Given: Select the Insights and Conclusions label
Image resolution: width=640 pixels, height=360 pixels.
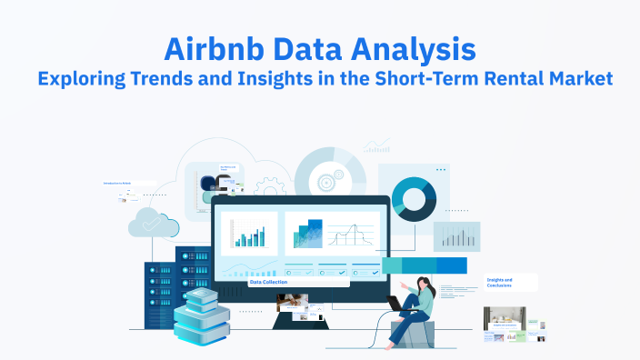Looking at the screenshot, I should pyautogui.click(x=500, y=283).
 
